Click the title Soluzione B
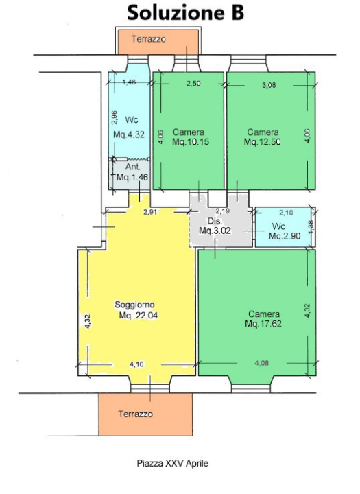(186, 13)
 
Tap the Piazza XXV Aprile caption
(173, 463)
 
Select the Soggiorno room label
(134, 305)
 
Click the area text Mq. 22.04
(139, 316)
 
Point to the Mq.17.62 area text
(263, 324)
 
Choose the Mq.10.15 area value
(191, 142)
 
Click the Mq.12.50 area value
(263, 142)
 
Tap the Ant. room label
(133, 167)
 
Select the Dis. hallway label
(215, 221)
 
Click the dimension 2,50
(193, 84)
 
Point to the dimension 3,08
(269, 85)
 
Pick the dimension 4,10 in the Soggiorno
(136, 364)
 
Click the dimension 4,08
(262, 363)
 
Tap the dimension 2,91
(150, 212)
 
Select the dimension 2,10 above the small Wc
(286, 213)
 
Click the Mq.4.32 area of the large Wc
(129, 135)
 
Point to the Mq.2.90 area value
(285, 236)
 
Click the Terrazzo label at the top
(148, 39)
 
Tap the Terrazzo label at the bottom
(136, 414)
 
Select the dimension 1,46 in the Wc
(129, 82)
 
